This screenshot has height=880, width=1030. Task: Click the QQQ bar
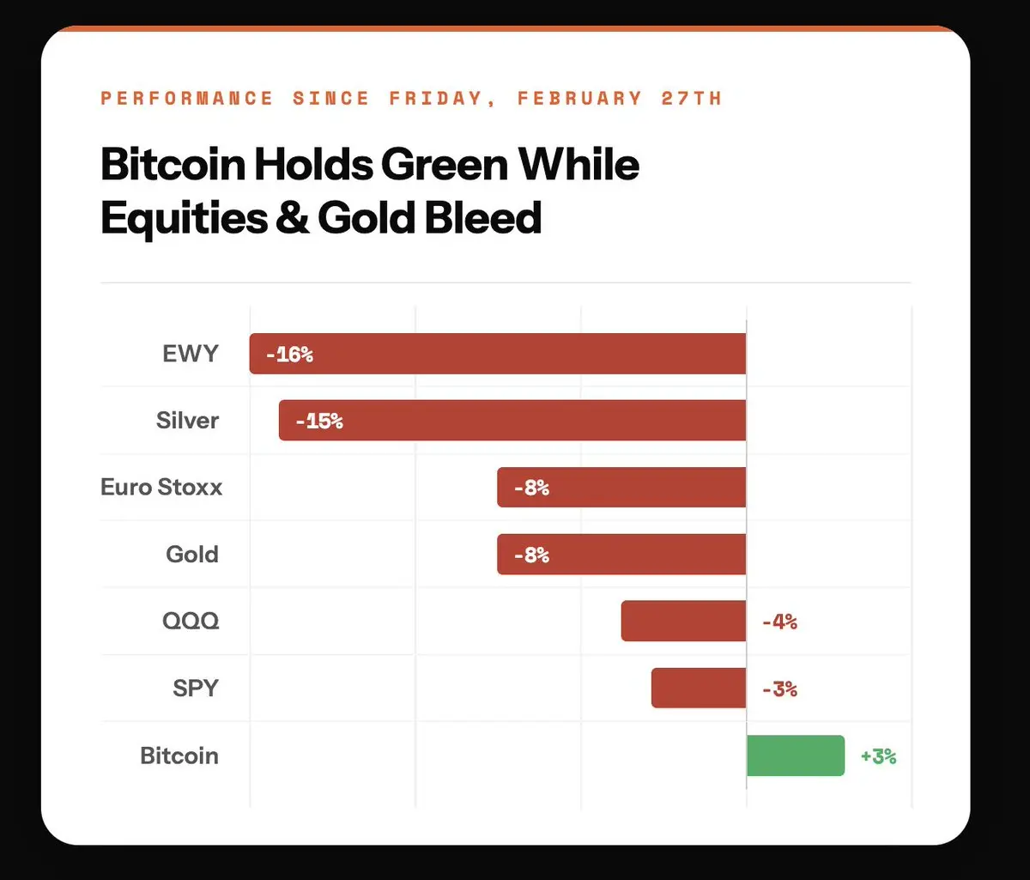[x=683, y=622]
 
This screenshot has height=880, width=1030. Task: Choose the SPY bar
[x=699, y=689]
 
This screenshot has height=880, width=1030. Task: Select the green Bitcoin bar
[x=796, y=756]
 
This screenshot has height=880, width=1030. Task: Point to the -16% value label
[x=289, y=354]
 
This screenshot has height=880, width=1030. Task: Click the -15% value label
[x=318, y=421]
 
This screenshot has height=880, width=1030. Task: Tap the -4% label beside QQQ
[x=779, y=622]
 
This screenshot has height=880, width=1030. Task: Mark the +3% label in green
[x=878, y=756]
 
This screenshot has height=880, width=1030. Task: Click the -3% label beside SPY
[x=779, y=689]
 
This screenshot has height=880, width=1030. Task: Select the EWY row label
[x=191, y=354]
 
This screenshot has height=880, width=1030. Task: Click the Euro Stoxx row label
[x=161, y=488]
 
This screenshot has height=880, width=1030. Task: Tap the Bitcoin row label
[x=179, y=756]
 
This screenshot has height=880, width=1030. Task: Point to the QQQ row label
[x=191, y=622]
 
